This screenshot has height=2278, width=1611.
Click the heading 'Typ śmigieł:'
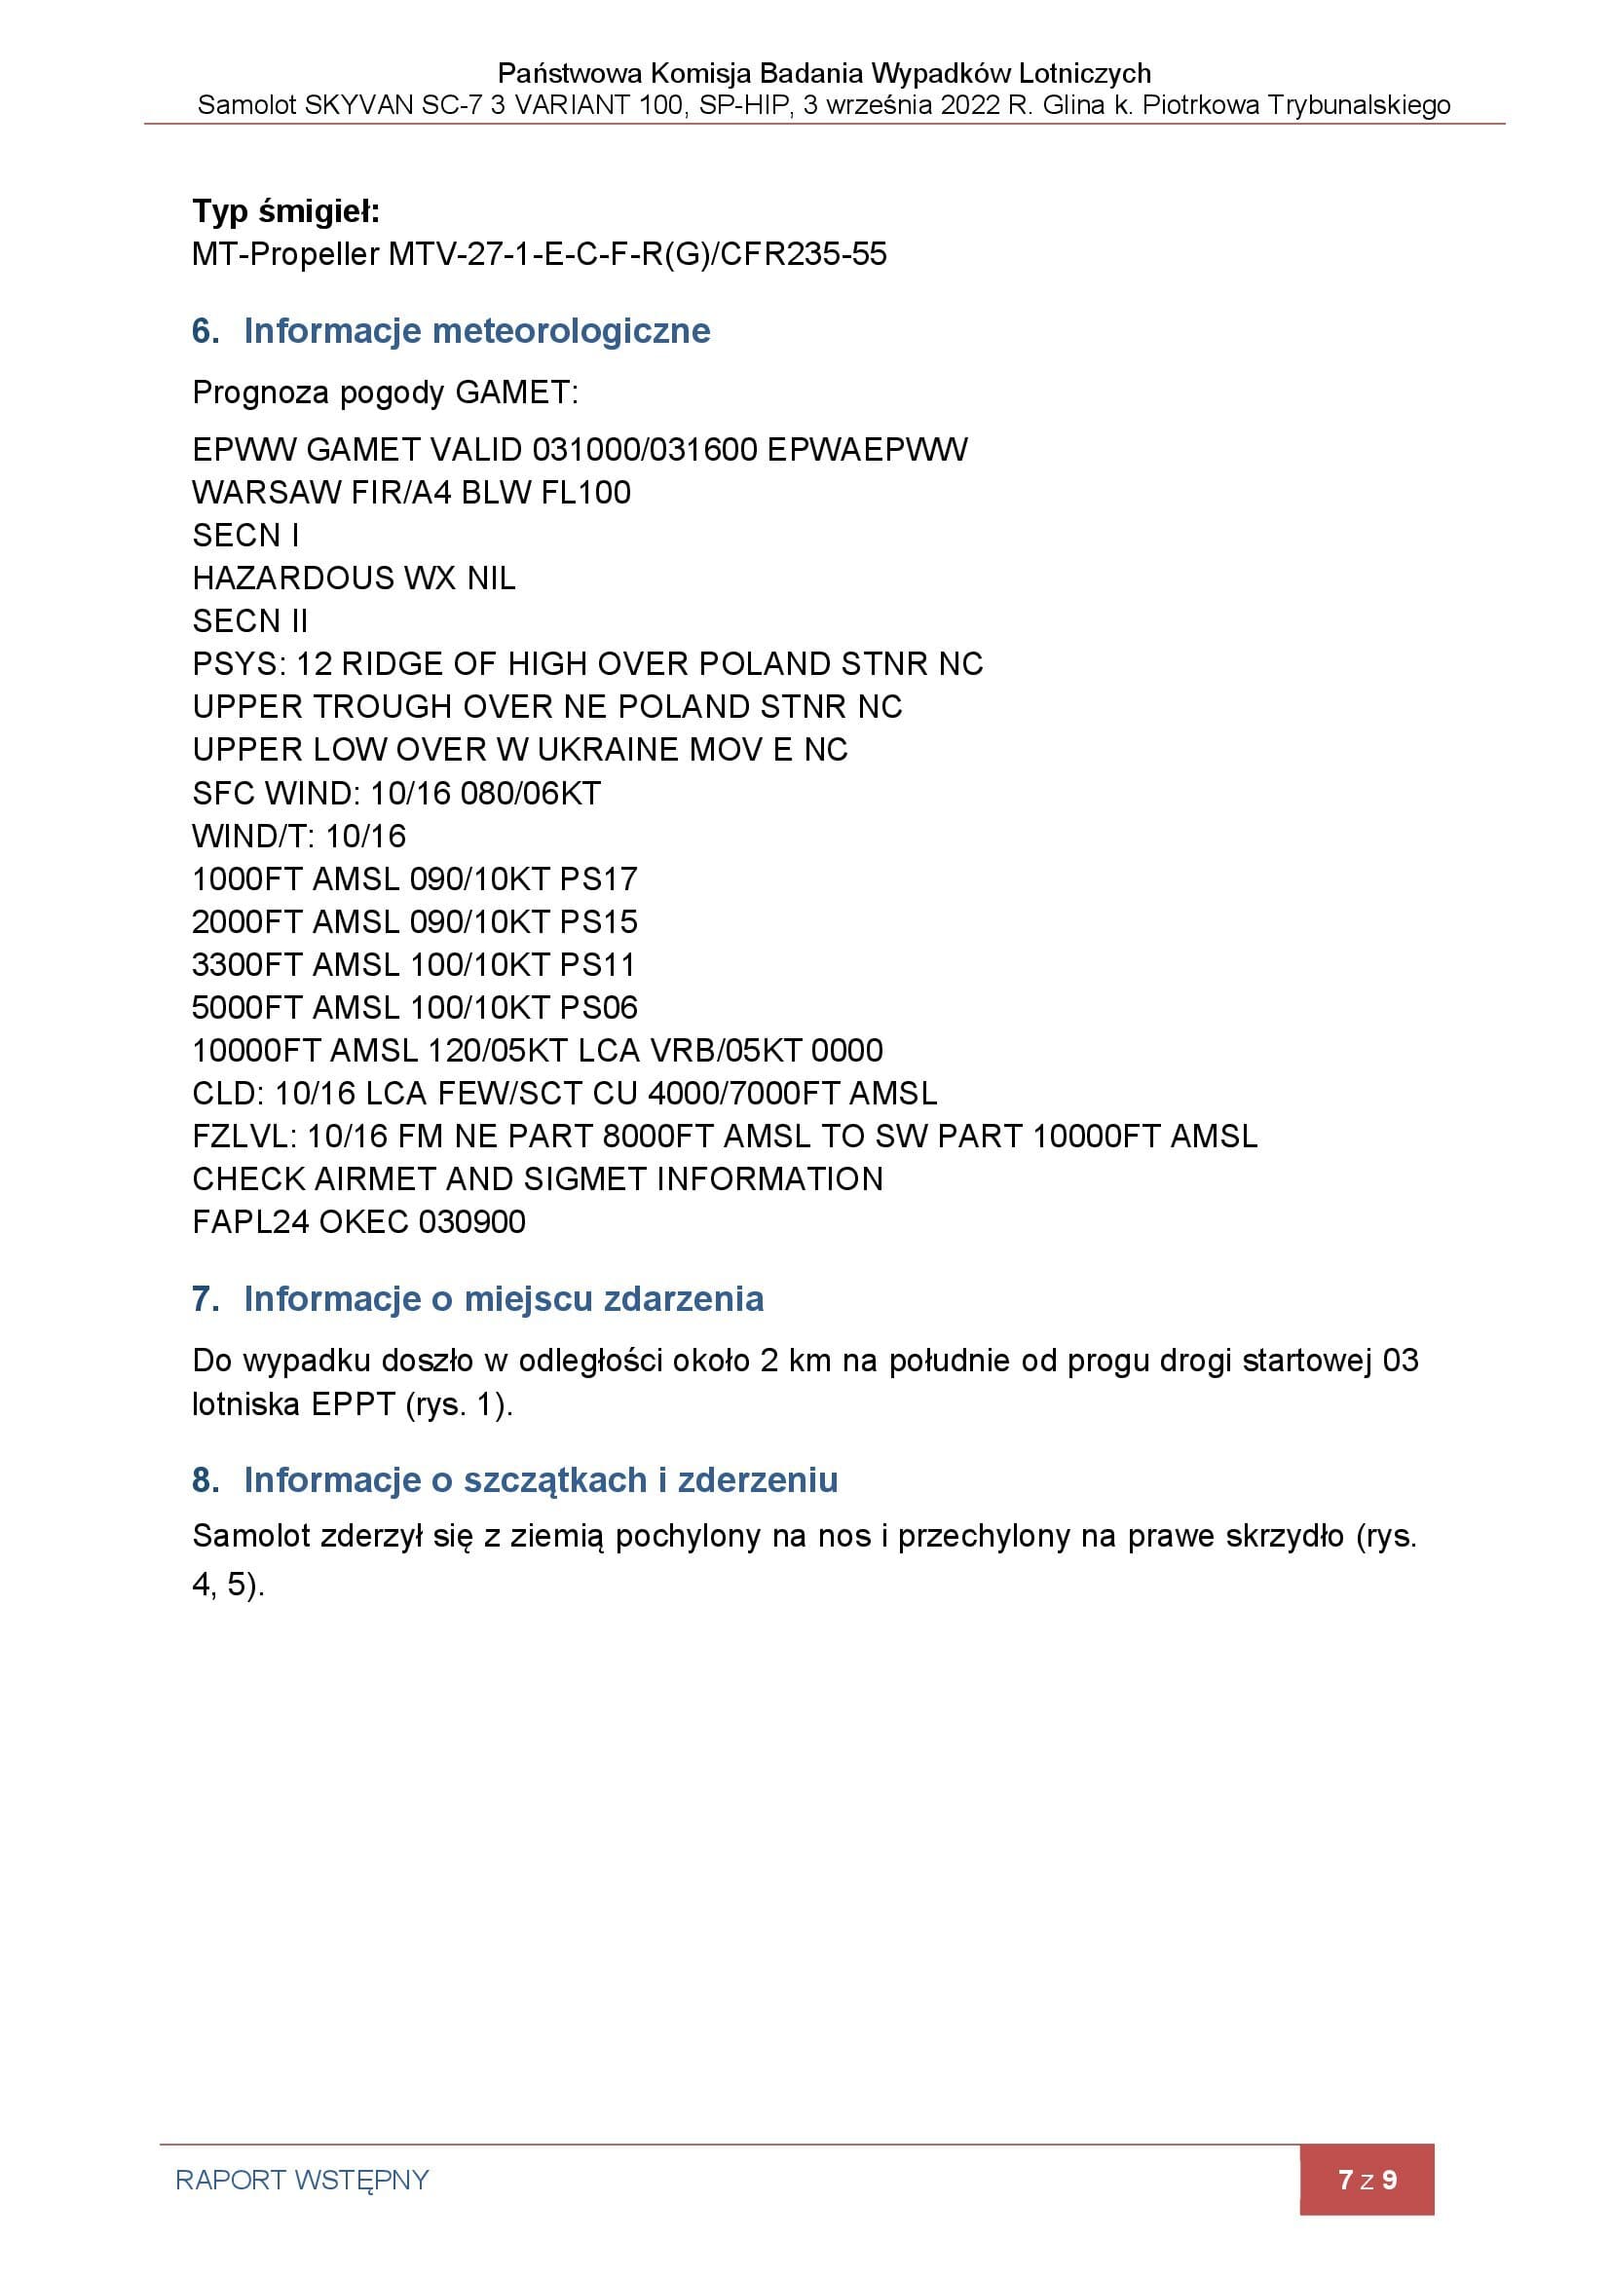tap(285, 211)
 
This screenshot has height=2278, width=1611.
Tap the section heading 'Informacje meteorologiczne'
tap(476, 330)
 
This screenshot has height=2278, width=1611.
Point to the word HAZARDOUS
tap(292, 579)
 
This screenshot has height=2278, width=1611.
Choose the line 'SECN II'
tap(250, 621)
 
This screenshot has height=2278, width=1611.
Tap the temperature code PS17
tap(598, 879)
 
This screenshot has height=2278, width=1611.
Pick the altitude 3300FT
tap(247, 964)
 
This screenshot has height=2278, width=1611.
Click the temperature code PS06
tap(598, 1008)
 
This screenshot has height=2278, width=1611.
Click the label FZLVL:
tap(244, 1136)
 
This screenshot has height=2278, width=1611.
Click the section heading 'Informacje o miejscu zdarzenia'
tap(503, 1299)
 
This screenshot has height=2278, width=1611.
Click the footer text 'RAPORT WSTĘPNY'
tap(302, 2180)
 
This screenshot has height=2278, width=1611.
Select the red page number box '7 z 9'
tap(1366, 2180)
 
